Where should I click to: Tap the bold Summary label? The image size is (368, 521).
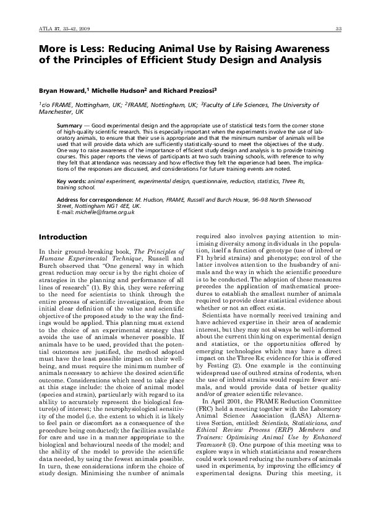[68, 126]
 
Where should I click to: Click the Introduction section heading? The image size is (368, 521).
[63, 238]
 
